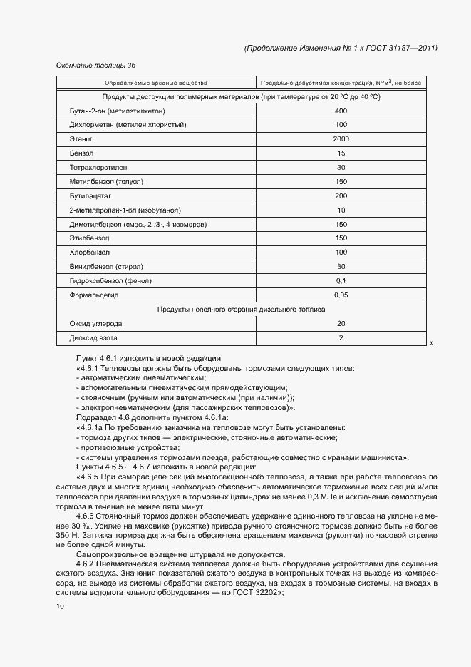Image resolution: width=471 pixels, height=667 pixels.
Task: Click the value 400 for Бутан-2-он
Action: click(x=341, y=111)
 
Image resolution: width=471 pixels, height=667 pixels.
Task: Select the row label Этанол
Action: click(x=82, y=139)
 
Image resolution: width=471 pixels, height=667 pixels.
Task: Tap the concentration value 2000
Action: click(x=341, y=139)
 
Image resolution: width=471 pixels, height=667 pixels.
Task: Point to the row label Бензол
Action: click(x=81, y=153)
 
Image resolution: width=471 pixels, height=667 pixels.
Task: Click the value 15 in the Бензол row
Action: click(x=341, y=153)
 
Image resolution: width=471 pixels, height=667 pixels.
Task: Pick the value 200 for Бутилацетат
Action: click(x=341, y=195)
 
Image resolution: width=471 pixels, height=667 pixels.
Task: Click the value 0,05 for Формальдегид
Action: click(x=341, y=295)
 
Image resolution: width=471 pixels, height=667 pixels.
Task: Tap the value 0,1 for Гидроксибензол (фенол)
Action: click(x=341, y=280)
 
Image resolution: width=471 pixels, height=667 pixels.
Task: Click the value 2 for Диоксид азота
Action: click(x=341, y=337)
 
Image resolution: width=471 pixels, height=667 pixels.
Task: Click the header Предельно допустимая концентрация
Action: click(x=341, y=83)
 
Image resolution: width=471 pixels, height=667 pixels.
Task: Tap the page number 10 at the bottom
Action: click(x=60, y=606)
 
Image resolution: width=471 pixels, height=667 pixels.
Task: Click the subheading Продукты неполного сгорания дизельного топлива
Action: click(x=241, y=310)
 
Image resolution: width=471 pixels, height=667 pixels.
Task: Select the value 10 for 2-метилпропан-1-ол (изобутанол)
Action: click(x=341, y=210)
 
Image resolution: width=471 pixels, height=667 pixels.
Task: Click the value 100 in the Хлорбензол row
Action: click(x=341, y=253)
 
